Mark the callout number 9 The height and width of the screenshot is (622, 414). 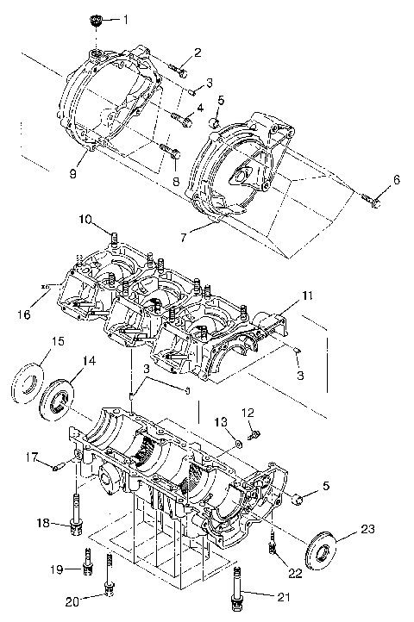(x=73, y=174)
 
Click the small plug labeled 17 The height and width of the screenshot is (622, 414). (x=57, y=467)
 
